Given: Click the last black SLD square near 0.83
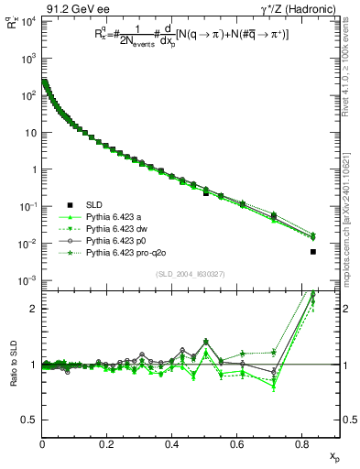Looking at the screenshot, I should click(313, 252).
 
